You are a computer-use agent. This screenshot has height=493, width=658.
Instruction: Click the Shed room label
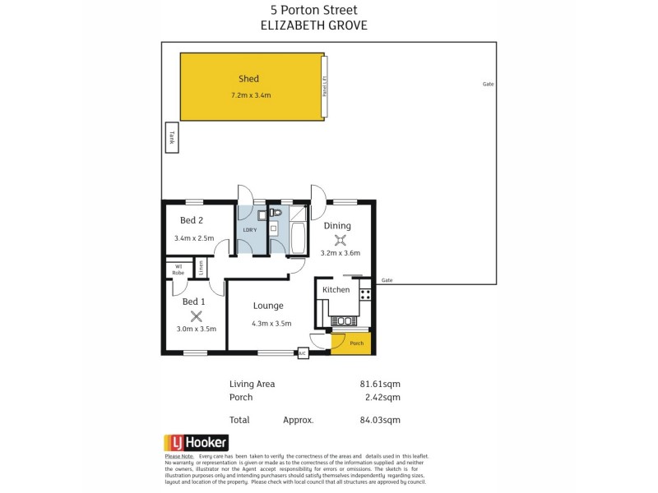tap(248, 79)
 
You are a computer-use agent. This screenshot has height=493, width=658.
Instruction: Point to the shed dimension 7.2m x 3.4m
tap(251, 96)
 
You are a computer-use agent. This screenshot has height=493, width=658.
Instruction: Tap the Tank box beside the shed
tap(172, 138)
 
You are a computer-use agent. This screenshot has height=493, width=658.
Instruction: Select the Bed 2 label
tap(192, 219)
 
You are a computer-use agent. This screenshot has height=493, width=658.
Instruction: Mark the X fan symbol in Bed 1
tap(196, 316)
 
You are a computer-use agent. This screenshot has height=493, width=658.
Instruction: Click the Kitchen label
tap(336, 290)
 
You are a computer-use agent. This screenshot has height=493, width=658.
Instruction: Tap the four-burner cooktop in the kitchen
tap(365, 290)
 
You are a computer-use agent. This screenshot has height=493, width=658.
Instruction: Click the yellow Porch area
tap(356, 343)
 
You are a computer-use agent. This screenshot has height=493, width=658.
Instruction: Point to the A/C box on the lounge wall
tap(302, 353)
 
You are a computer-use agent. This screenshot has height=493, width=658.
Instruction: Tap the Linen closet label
tap(201, 267)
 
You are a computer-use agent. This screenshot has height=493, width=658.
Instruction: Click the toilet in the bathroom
tap(276, 214)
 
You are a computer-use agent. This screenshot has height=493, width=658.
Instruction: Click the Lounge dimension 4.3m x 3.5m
tap(271, 324)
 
